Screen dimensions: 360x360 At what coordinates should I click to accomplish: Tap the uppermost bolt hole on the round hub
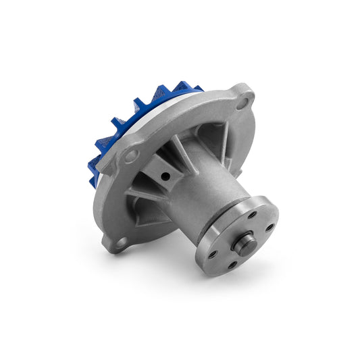point(251,215)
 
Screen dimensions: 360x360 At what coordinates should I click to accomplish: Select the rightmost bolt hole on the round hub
point(269,227)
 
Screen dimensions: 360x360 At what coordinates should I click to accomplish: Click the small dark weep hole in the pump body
point(164,176)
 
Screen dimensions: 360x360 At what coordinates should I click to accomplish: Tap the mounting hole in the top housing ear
point(244,102)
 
